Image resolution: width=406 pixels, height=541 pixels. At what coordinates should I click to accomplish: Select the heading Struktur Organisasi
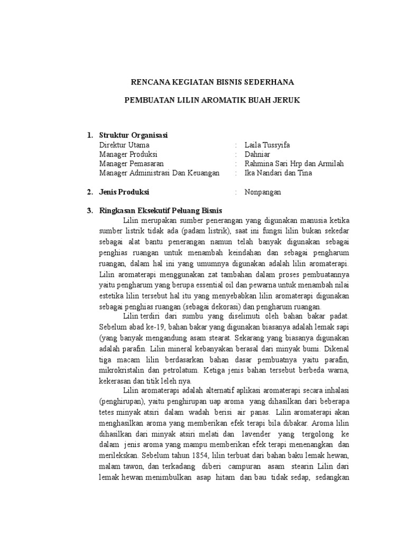133,135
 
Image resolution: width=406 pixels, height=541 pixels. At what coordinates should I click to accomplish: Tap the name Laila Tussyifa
267,145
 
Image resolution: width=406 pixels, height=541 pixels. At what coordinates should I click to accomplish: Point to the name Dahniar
257,154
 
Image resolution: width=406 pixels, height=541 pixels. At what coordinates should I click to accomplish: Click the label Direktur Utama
124,145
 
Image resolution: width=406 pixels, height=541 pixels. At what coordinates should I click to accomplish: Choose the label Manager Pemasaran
131,164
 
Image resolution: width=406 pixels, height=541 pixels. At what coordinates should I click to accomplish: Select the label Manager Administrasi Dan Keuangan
159,173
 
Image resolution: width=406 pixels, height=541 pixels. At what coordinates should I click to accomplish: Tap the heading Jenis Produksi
124,192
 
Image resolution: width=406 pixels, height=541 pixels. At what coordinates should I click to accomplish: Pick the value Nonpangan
263,192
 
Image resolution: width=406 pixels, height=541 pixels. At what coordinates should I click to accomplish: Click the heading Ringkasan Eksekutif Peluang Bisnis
161,211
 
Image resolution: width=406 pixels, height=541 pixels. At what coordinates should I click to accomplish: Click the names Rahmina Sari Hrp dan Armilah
294,164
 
